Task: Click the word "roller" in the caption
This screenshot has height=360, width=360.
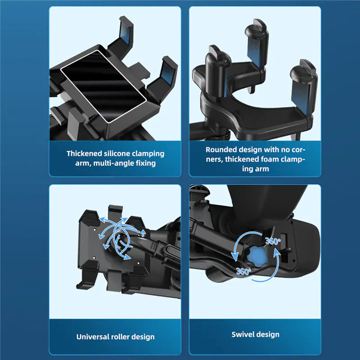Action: point(125,337)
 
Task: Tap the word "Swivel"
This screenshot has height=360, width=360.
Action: point(243,334)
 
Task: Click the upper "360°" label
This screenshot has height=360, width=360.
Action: point(272,242)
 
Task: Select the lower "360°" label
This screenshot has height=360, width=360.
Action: point(244,271)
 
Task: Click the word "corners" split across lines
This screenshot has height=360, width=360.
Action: point(297,150)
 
